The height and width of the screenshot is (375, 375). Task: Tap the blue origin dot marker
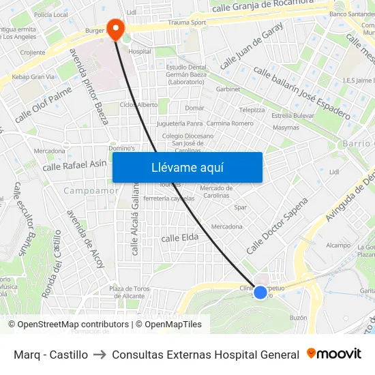260,292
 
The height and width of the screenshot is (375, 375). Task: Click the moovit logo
334,354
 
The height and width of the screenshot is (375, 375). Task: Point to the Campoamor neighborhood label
91,191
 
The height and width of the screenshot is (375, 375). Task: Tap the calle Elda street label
179,237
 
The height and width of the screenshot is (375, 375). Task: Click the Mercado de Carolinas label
217,192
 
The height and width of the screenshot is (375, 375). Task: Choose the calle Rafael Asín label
74,164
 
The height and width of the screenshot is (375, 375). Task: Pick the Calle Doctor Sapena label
277,226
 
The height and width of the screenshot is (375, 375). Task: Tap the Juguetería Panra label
180,123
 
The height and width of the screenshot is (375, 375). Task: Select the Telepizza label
252,109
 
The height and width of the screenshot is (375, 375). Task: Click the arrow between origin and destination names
100,355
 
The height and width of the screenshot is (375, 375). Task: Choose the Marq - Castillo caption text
50,355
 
